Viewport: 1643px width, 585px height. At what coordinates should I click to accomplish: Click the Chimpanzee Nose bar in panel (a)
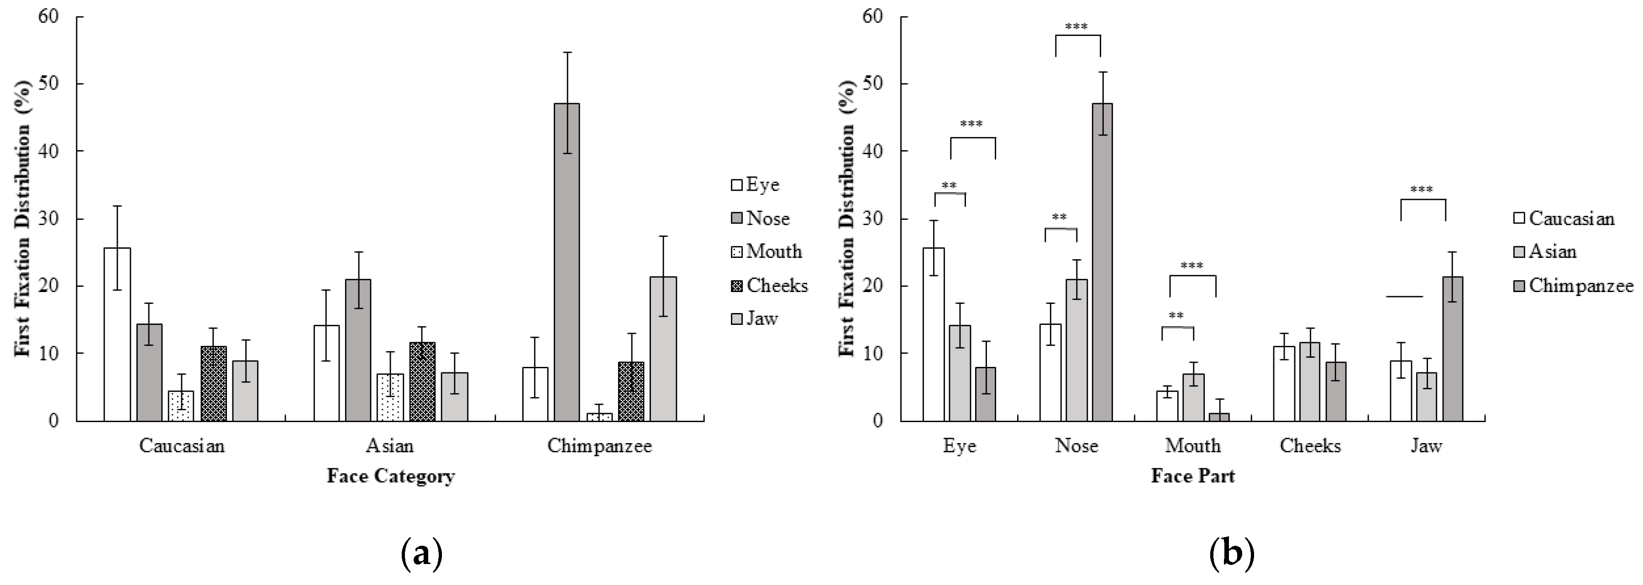[567, 261]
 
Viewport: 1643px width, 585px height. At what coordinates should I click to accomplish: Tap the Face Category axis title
[390, 476]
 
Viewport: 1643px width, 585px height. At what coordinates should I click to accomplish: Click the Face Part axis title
[1193, 476]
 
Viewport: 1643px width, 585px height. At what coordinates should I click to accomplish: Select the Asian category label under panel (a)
[390, 445]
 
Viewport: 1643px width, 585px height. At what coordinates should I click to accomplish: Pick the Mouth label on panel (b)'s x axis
[1193, 445]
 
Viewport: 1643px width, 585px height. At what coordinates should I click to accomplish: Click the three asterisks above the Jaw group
[1422, 189]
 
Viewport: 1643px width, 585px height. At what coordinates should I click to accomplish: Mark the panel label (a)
[420, 553]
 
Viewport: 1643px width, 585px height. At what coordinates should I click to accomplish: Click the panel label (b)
[1231, 553]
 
